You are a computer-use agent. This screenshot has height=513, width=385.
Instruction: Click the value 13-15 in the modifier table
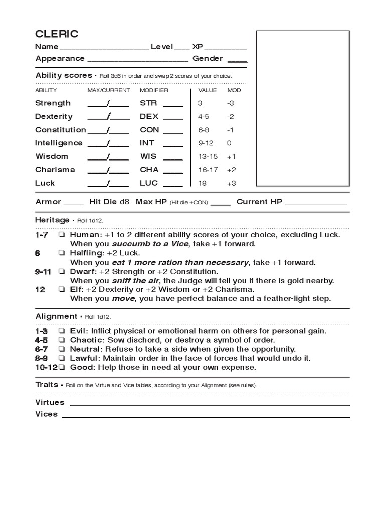[x=208, y=156]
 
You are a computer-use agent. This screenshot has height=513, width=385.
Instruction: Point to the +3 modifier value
[x=231, y=183]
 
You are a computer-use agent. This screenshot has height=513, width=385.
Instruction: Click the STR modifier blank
[x=173, y=104]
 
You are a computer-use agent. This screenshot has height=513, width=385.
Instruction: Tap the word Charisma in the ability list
[x=55, y=170]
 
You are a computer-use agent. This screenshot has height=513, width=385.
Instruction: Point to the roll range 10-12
[x=45, y=367]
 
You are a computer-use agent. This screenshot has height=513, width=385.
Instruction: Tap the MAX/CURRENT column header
[x=109, y=90]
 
